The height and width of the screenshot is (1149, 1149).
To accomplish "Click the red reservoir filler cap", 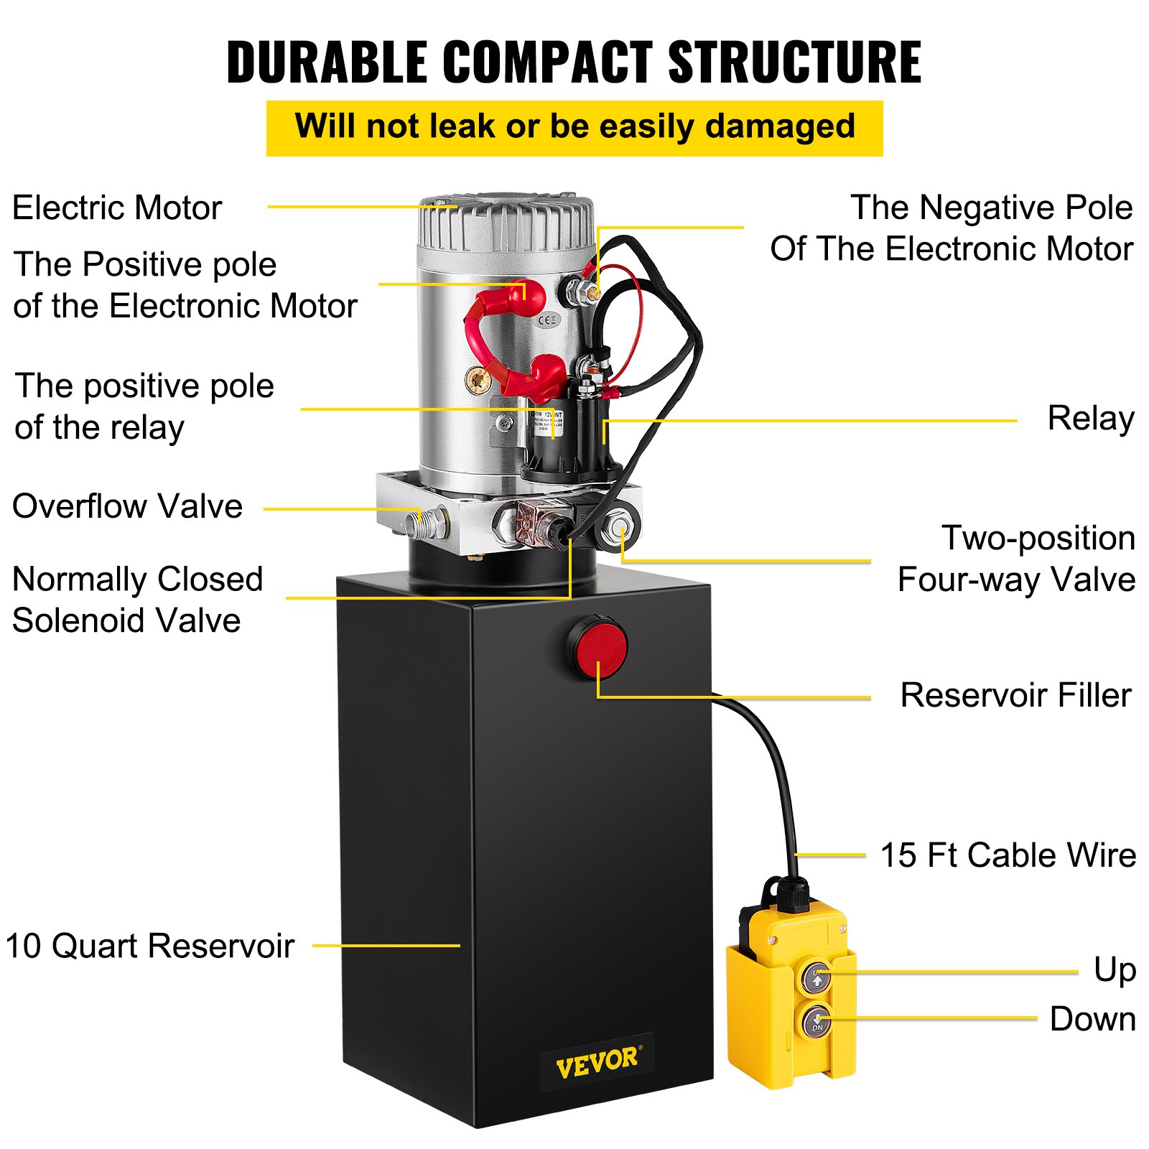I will click(597, 646).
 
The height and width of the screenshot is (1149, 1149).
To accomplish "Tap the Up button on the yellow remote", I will click(817, 978).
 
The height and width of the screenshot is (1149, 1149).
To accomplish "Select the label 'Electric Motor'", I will click(117, 208).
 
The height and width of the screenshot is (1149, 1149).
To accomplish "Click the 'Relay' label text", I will click(1090, 419).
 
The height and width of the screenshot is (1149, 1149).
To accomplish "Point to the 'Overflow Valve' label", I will click(127, 506).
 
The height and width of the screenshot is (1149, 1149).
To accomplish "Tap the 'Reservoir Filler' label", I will click(1015, 695).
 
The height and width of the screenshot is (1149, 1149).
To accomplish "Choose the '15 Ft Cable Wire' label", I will click(1008, 855).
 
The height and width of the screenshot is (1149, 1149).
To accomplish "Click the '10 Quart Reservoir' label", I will click(149, 946).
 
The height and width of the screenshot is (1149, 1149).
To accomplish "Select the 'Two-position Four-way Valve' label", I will click(1017, 559).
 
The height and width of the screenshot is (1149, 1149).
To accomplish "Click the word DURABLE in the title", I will click(327, 62).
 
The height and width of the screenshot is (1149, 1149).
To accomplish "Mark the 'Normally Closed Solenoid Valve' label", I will click(136, 600).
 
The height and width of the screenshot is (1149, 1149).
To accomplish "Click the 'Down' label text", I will click(1092, 1019).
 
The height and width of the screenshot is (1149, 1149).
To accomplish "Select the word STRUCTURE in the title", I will click(795, 62).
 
